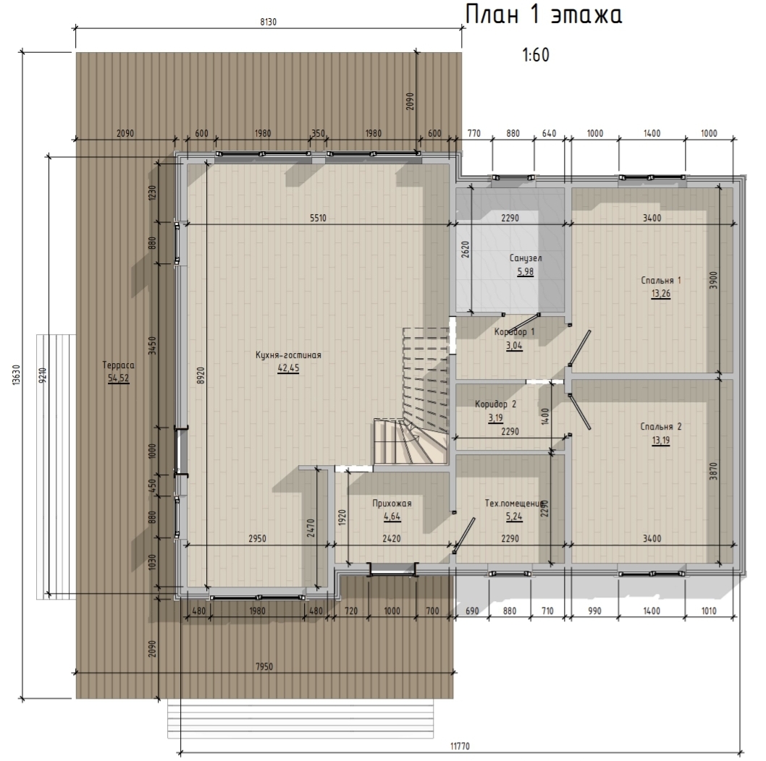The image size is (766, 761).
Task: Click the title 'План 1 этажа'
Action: click(543, 14)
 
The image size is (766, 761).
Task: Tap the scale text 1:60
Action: click(536, 55)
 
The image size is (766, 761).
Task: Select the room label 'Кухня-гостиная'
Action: click(288, 355)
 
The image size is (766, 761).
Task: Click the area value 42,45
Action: click(288, 368)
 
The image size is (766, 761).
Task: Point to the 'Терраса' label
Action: click(118, 365)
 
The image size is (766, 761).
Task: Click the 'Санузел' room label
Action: click(526, 258)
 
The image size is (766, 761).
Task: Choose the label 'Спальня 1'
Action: click(660, 280)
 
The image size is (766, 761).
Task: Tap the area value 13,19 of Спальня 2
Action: click(660, 441)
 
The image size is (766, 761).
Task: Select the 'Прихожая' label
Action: click(392, 503)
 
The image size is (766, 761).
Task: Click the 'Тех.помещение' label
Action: click(514, 503)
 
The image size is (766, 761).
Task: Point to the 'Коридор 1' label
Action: click(514, 332)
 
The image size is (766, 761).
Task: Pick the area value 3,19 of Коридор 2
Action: click(495, 418)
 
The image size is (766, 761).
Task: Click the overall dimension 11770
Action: click(460, 747)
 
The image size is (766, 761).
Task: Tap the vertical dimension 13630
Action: click(16, 375)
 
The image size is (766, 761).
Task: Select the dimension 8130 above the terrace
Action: click(268, 22)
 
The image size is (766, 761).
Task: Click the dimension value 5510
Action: click(318, 218)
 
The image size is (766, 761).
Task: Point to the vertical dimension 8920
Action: click(201, 375)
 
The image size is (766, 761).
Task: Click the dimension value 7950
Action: click(264, 667)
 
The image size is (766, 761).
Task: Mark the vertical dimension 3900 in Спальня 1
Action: click(713, 280)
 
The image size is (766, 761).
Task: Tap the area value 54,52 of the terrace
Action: click(118, 378)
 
